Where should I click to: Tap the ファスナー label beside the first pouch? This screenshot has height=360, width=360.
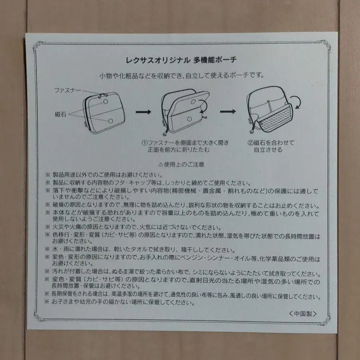pyautogui.click(x=67, y=90)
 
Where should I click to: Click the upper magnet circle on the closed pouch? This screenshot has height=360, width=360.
pyautogui.click(x=106, y=102)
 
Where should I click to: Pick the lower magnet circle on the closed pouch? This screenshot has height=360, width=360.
pyautogui.click(x=110, y=120)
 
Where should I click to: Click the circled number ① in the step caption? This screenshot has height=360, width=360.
pyautogui.click(x=143, y=143)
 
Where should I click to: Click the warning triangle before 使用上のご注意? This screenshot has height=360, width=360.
pyautogui.click(x=161, y=164)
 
